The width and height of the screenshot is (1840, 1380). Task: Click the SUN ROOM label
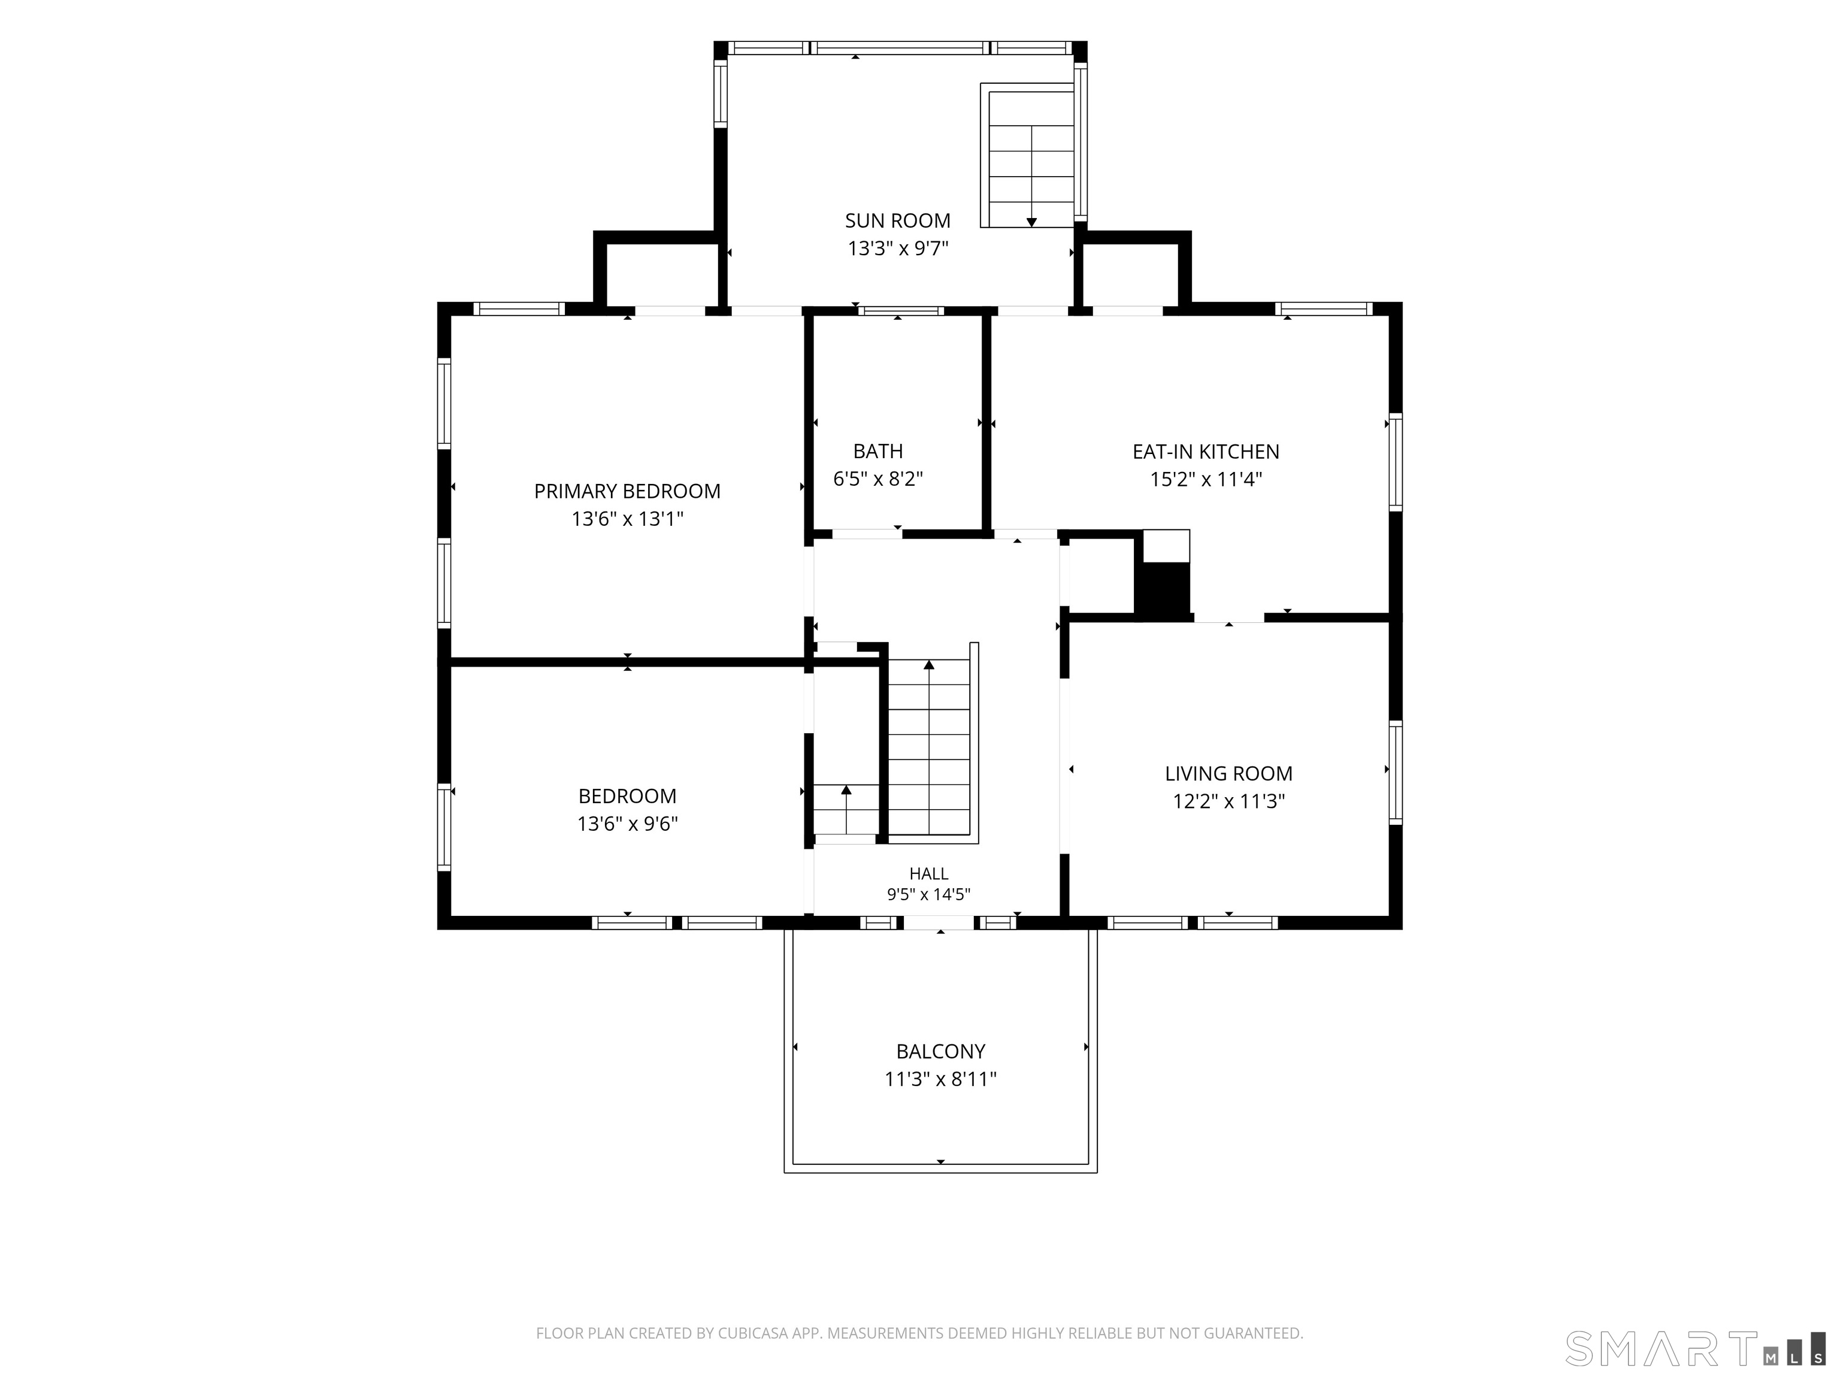pyautogui.click(x=898, y=220)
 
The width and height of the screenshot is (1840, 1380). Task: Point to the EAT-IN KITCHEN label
pyautogui.click(x=1205, y=452)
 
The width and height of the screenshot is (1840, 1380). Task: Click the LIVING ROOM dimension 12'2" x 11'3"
pyautogui.click(x=1228, y=801)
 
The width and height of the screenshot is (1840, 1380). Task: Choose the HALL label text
pyautogui.click(x=928, y=873)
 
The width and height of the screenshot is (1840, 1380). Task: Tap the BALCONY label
pyautogui.click(x=941, y=1051)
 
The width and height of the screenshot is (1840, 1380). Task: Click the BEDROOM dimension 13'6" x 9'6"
pyautogui.click(x=627, y=824)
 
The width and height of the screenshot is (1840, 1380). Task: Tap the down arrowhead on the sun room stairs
pyautogui.click(x=1031, y=222)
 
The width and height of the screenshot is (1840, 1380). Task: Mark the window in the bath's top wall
pyautogui.click(x=901, y=311)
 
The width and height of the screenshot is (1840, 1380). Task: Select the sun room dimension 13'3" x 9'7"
pyautogui.click(x=898, y=248)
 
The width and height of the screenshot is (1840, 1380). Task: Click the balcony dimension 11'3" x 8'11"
pyautogui.click(x=941, y=1079)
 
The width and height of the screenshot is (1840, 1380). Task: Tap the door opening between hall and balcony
pyautogui.click(x=939, y=922)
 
